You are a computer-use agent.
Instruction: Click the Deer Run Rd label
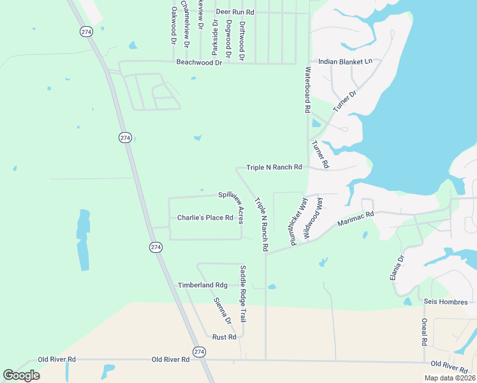pyautogui.click(x=235, y=12)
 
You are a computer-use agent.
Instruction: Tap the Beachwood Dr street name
pyautogui.click(x=199, y=62)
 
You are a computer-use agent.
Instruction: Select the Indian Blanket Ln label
pyautogui.click(x=344, y=61)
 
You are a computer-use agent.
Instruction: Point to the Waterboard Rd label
pyautogui.click(x=307, y=90)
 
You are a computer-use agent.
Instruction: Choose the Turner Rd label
pyautogui.click(x=320, y=154)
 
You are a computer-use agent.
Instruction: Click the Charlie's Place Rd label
pyautogui.click(x=205, y=218)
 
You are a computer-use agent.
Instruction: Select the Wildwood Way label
pyautogui.click(x=314, y=218)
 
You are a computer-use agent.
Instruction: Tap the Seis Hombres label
pyautogui.click(x=445, y=302)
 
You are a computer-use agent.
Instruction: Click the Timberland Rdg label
pyautogui.click(x=202, y=285)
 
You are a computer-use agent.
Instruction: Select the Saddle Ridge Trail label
pyautogui.click(x=242, y=293)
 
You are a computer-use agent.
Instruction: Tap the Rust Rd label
pyautogui.click(x=224, y=336)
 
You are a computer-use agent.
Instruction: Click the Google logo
pyautogui.click(x=21, y=375)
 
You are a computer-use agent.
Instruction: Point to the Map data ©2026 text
pyautogui.click(x=450, y=378)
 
